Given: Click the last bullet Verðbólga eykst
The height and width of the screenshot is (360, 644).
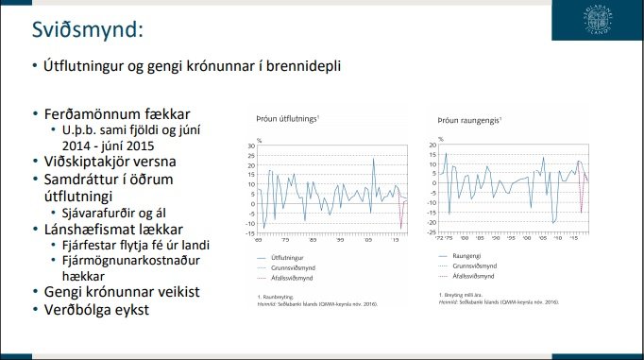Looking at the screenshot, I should (102, 309).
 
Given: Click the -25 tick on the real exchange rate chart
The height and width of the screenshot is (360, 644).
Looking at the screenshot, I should (433, 233).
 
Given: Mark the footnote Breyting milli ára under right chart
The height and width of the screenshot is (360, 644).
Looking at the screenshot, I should (468, 296).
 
